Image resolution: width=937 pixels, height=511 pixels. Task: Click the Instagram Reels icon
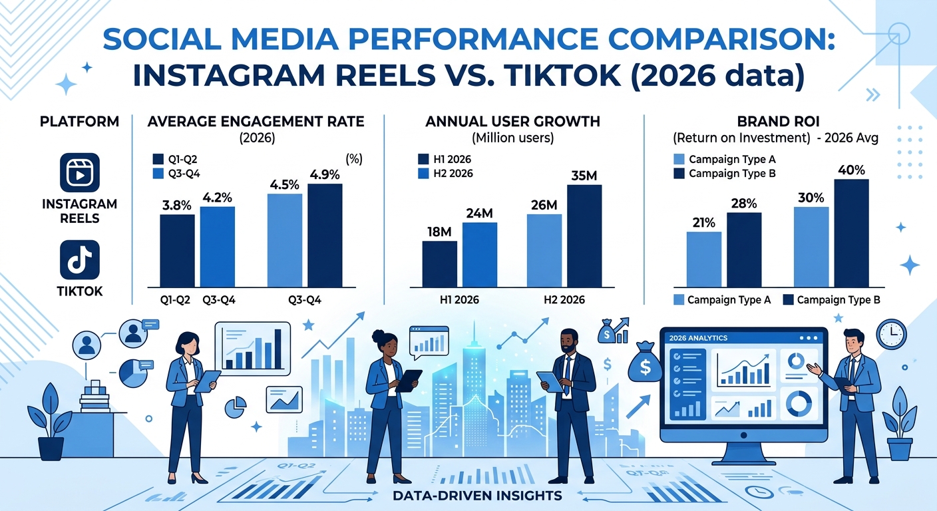pos(79,173)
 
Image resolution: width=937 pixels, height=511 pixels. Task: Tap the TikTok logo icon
pos(79,259)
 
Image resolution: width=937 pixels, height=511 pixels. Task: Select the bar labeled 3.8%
pos(177,250)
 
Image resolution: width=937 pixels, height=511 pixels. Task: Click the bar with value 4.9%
pos(324,235)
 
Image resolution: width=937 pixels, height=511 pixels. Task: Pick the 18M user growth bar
pos(439,263)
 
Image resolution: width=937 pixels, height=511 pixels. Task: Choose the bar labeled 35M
pos(584,236)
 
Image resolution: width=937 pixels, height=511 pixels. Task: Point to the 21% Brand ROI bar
pos(703,259)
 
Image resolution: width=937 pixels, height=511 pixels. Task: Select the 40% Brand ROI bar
pos(851,232)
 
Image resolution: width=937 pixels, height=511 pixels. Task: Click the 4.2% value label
pos(217,197)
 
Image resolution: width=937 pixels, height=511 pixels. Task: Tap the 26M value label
pos(544,205)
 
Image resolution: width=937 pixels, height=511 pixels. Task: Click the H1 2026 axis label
pos(460,299)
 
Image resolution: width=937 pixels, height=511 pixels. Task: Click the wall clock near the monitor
pos(891,333)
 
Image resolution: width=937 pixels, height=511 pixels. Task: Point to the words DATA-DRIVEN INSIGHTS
pos(477,496)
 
